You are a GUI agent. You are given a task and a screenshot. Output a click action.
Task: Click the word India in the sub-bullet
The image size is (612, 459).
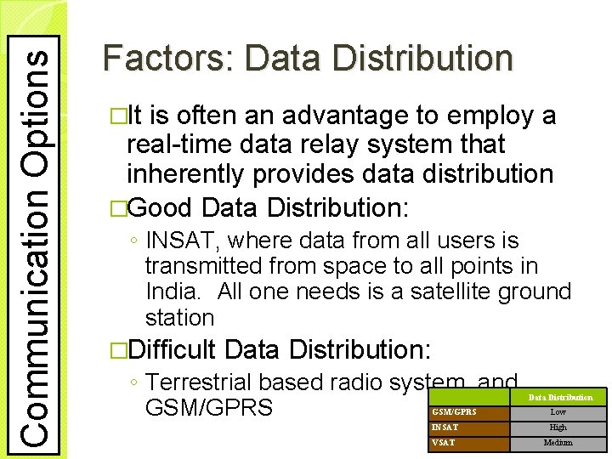(x=171, y=292)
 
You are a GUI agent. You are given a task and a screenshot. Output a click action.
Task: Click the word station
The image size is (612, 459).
(x=179, y=318)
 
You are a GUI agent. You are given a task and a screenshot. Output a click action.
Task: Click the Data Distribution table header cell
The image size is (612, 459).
(x=560, y=397)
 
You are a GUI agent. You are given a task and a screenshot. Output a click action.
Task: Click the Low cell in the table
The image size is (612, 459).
(x=558, y=412)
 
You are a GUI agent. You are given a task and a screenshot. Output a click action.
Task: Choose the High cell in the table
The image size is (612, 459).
(x=558, y=428)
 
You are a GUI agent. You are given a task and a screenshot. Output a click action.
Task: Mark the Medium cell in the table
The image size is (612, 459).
(x=558, y=443)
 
